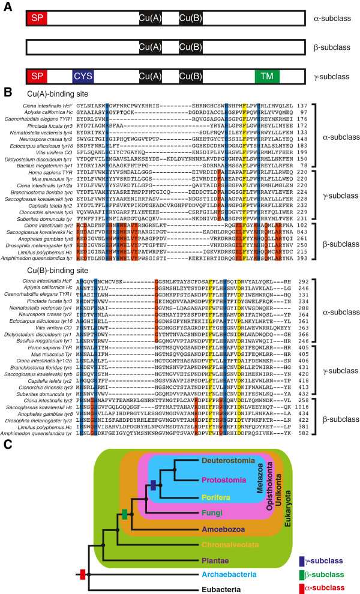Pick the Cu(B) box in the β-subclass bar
(x=194, y=47)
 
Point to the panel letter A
(x=7, y=6)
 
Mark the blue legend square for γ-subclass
(x=302, y=544)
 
